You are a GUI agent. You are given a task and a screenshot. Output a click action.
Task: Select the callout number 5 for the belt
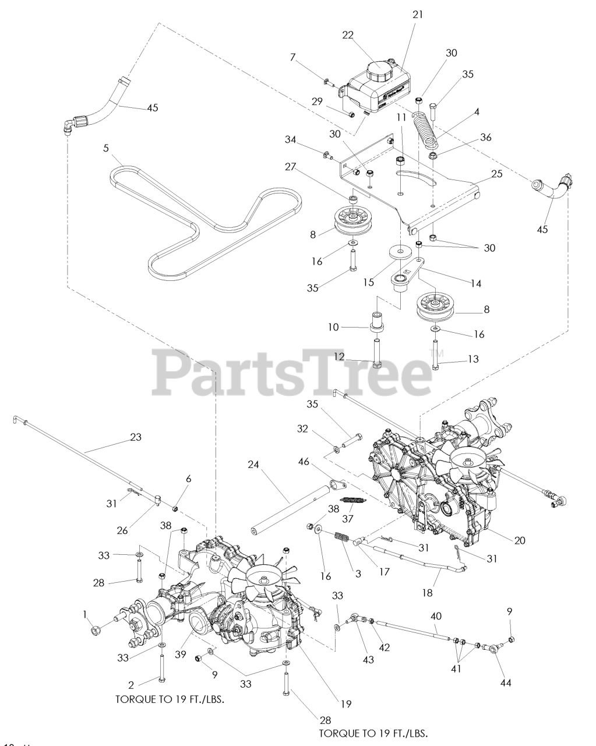105,148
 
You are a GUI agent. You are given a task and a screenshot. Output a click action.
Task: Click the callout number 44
506,682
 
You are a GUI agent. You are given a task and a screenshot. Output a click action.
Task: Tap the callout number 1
85,614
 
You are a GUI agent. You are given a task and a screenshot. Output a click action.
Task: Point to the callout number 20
520,540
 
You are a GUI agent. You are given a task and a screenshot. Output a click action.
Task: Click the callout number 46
320,460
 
